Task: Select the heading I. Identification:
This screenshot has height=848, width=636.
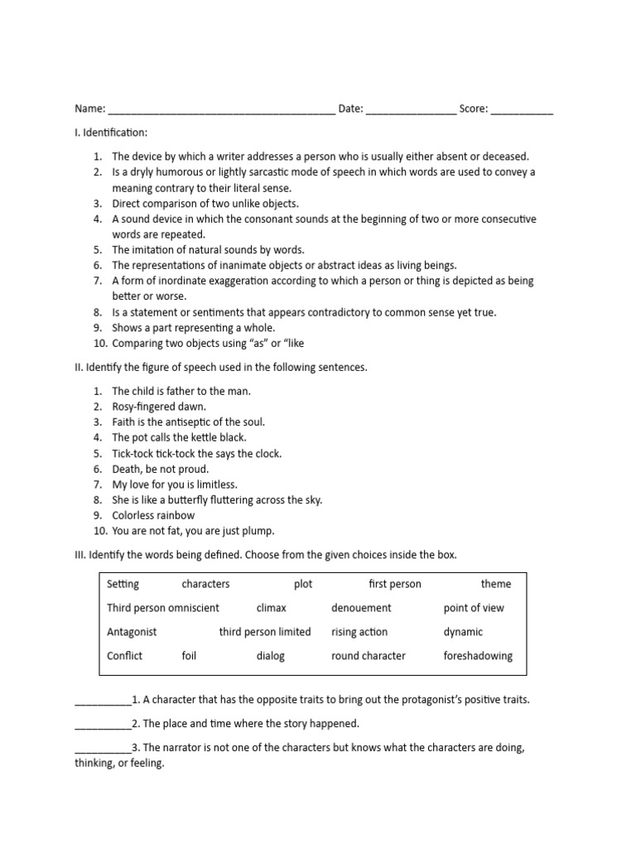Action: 111,132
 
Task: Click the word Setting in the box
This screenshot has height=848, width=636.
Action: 123,584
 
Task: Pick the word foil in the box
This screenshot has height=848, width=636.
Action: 189,656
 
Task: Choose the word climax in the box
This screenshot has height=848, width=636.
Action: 272,608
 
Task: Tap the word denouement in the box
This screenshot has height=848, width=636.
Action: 361,608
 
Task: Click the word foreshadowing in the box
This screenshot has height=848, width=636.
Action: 478,656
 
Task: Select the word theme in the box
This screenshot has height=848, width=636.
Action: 496,584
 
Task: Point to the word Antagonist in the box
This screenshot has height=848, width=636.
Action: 132,632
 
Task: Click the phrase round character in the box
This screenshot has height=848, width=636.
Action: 369,656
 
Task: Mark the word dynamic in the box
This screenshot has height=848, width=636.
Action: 463,632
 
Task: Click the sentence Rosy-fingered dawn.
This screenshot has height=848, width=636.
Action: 159,407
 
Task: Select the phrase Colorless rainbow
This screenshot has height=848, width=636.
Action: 153,515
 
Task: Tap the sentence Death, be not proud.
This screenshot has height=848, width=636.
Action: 161,469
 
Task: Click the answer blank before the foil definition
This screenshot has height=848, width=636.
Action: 103,701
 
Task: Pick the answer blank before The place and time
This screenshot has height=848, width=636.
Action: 103,725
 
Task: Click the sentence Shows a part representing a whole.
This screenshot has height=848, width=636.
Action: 194,328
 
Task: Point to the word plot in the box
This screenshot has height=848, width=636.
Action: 303,584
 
